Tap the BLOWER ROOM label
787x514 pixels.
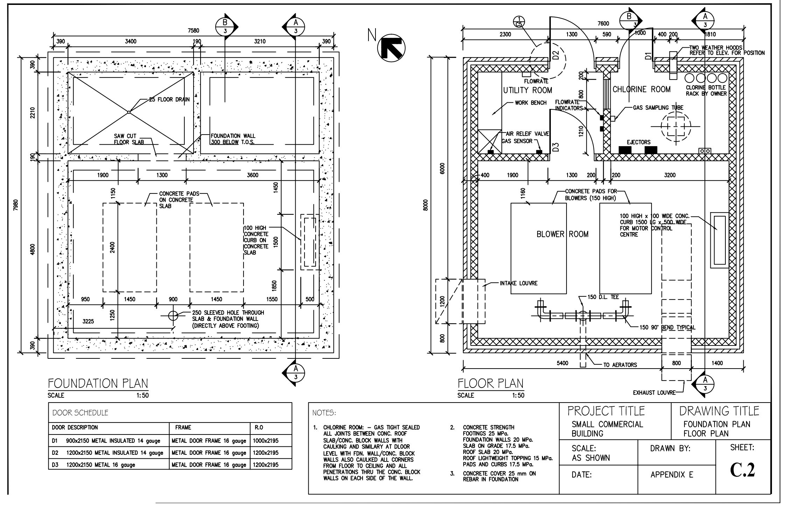click(x=562, y=234)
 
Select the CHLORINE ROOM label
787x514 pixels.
click(x=641, y=89)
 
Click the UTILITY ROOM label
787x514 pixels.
click(x=527, y=90)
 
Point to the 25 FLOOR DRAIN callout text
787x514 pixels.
click(x=169, y=100)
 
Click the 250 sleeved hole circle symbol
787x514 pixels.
click(x=173, y=316)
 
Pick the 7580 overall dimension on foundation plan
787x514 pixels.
click(x=194, y=31)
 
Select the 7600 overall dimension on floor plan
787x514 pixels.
click(x=603, y=23)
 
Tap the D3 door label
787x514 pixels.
click(x=556, y=147)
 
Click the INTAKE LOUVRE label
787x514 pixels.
click(x=519, y=283)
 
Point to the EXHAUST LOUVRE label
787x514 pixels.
click(x=654, y=393)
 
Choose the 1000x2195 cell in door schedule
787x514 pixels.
click(x=266, y=441)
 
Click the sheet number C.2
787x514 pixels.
click(x=742, y=470)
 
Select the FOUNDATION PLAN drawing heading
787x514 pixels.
click(x=98, y=383)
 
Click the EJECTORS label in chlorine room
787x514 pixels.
click(x=638, y=142)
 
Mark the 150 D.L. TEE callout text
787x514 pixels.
click(x=603, y=297)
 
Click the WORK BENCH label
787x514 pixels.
click(x=530, y=103)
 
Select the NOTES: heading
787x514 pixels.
click(x=324, y=413)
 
